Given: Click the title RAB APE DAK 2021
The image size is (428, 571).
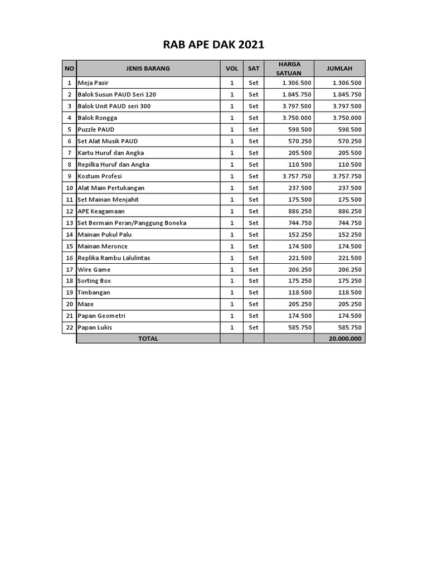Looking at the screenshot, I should pyautogui.click(x=213, y=45).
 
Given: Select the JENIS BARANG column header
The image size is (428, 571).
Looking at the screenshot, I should pyautogui.click(x=148, y=69).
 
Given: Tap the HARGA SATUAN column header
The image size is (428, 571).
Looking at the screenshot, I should pyautogui.click(x=289, y=69).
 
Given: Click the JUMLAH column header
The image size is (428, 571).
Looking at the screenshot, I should pyautogui.click(x=339, y=69).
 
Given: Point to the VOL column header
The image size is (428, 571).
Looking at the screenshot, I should pyautogui.click(x=231, y=69).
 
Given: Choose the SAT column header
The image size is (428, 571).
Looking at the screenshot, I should pyautogui.click(x=254, y=69).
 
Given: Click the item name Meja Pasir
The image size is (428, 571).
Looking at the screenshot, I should pyautogui.click(x=93, y=83).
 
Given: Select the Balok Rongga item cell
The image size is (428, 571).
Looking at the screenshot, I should pyautogui.click(x=98, y=118).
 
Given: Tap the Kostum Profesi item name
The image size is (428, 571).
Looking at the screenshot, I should pyautogui.click(x=100, y=176).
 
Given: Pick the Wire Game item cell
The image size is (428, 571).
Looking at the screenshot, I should pyautogui.click(x=94, y=269).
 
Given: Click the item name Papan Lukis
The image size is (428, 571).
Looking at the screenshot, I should pyautogui.click(x=95, y=327).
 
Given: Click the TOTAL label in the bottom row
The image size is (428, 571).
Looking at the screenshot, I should pyautogui.click(x=148, y=338).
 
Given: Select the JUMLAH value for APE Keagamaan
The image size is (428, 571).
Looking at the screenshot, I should pyautogui.click(x=347, y=211).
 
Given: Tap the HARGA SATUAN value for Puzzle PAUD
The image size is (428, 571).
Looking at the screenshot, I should pyautogui.click(x=296, y=129).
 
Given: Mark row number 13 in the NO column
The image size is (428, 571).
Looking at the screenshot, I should pyautogui.click(x=70, y=223).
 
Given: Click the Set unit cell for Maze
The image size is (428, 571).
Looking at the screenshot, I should pyautogui.click(x=254, y=304).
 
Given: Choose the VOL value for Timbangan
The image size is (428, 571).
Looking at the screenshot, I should pyautogui.click(x=231, y=292).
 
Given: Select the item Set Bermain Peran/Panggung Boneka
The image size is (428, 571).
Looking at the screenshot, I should pyautogui.click(x=132, y=223).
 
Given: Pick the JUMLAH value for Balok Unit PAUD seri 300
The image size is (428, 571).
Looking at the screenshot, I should pyautogui.click(x=347, y=106).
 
